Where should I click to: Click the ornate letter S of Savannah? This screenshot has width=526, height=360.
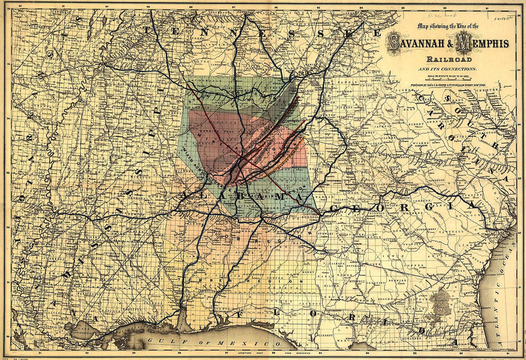[394, 43]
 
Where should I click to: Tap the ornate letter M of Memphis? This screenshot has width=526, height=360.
[463, 43]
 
